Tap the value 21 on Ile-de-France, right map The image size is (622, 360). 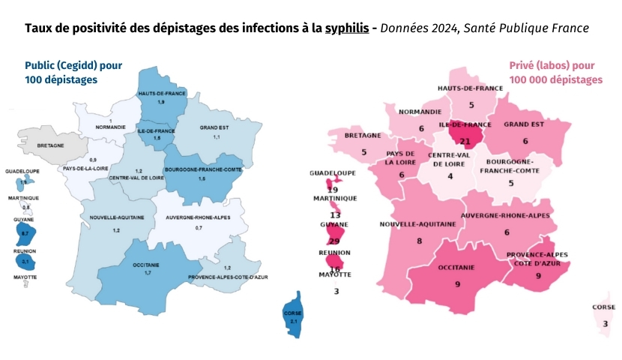(465, 140)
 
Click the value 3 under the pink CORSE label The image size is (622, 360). (606, 323)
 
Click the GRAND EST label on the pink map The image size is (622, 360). (525, 124)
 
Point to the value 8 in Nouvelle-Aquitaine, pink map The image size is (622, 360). (419, 241)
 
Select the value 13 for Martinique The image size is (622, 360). (335, 214)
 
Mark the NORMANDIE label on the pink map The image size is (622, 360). (421, 112)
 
